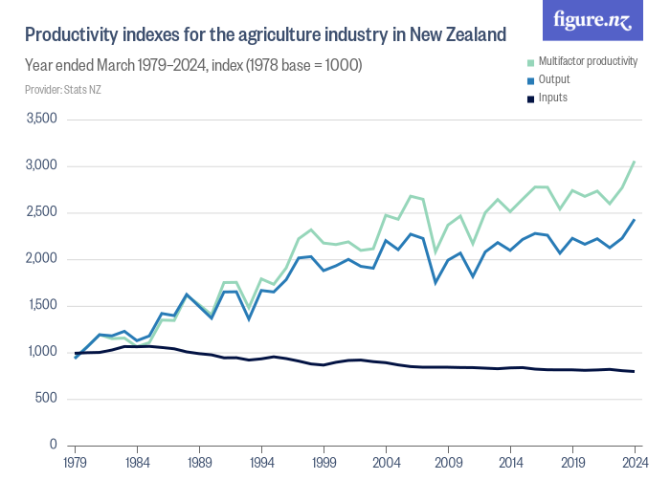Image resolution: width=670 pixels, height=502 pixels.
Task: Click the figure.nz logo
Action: click(593, 21)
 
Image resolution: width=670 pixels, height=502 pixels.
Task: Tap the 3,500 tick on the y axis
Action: click(41, 120)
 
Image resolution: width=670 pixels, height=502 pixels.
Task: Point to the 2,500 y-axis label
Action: click(41, 212)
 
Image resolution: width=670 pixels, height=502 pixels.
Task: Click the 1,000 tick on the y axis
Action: click(43, 352)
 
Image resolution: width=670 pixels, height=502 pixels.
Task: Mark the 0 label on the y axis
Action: click(55, 446)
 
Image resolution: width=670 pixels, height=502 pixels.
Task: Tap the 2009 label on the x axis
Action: click(449, 462)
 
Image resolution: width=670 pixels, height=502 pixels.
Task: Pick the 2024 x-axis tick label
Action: click(635, 462)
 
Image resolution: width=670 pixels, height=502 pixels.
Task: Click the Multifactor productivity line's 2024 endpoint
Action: click(635, 162)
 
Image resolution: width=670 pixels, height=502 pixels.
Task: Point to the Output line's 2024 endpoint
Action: click(635, 220)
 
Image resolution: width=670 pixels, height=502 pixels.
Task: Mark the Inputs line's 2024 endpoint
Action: click(635, 371)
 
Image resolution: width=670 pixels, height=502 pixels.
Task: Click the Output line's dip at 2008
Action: click(435, 283)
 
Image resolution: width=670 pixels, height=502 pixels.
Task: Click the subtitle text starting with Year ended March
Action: click(192, 65)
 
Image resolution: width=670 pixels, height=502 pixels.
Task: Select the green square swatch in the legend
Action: click(530, 61)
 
